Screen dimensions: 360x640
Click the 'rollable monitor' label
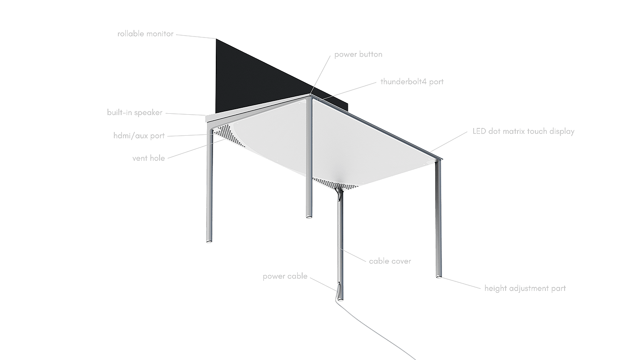[145, 34]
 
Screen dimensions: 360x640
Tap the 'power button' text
[358, 54]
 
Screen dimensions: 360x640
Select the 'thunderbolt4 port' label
[412, 82]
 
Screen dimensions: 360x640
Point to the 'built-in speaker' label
[134, 112]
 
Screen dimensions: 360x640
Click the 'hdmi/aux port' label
[139, 136]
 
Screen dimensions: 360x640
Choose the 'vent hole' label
[149, 158]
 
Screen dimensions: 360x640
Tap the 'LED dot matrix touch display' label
[523, 131]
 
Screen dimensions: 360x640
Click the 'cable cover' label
[390, 261]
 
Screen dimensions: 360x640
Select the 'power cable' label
[285, 276]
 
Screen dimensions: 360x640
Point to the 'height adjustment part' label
[525, 288]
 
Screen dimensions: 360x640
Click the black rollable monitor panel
[247, 78]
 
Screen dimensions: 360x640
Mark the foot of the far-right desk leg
[438, 275]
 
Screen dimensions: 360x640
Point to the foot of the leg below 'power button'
[309, 216]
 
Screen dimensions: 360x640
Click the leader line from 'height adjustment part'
[462, 282]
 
